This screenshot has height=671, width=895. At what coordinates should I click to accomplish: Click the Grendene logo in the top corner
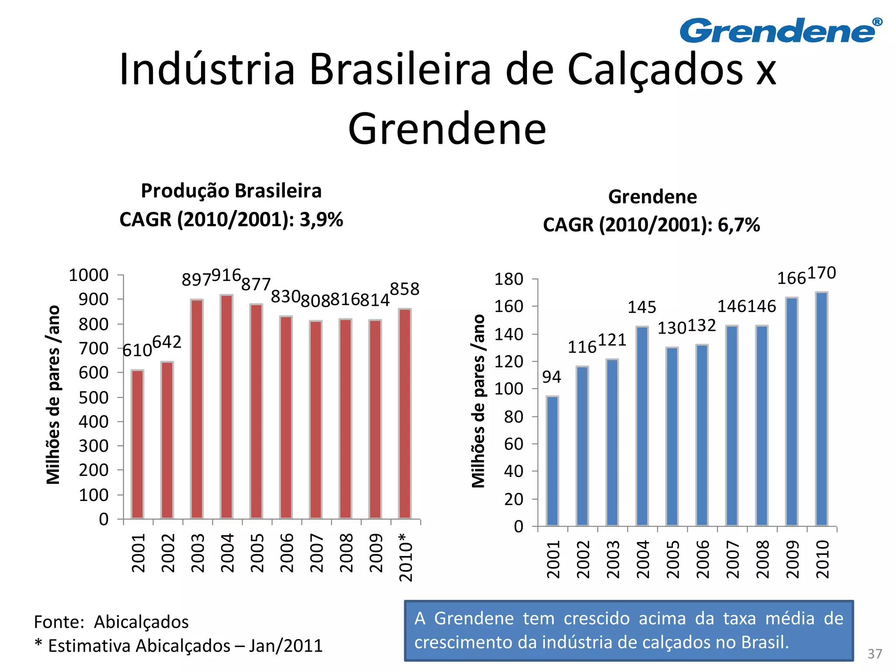click(x=781, y=31)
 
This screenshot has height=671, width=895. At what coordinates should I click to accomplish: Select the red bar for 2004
click(x=226, y=406)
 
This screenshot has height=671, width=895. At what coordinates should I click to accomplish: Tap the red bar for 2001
click(x=137, y=444)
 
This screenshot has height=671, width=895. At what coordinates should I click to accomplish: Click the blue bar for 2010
click(x=821, y=408)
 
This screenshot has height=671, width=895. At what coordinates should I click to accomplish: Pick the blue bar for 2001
click(x=552, y=460)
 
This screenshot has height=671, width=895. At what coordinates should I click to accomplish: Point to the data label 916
click(x=226, y=275)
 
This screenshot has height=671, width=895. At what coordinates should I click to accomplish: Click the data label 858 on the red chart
click(x=404, y=289)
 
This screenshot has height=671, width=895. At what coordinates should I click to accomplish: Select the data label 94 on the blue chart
click(x=552, y=377)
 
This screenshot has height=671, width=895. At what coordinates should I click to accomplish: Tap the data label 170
click(x=821, y=273)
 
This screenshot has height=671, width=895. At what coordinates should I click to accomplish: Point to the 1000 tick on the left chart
click(x=89, y=275)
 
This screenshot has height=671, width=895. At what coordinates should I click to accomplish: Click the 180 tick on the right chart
click(x=508, y=279)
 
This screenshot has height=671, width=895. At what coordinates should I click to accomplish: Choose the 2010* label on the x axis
click(x=406, y=557)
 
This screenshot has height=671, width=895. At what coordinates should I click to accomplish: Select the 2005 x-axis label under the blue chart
click(x=673, y=559)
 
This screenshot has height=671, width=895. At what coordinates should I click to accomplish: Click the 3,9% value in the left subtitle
click(x=321, y=219)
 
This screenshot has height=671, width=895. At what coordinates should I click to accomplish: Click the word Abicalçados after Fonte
click(x=141, y=622)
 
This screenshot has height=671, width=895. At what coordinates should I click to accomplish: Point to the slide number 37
click(x=874, y=654)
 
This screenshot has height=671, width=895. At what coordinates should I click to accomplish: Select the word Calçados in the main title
click(x=655, y=70)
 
